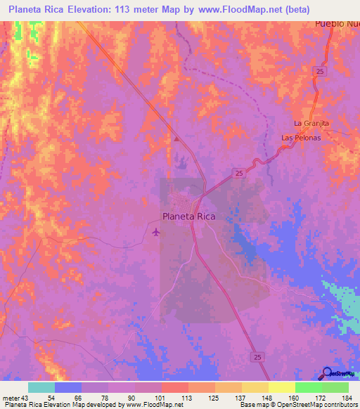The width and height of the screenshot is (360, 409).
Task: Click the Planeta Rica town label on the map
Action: point(188,216)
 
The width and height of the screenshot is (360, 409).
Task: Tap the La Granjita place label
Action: point(311,124)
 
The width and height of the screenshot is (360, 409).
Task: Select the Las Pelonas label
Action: point(301,137)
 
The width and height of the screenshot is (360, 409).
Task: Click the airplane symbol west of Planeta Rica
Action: point(155,231)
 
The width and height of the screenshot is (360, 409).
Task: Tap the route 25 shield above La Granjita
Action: point(320,72)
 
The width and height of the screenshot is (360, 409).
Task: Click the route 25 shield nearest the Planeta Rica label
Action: point(239,173)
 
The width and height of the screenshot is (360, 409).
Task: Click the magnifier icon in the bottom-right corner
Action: point(328,373)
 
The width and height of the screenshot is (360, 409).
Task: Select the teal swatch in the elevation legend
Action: point(41,387)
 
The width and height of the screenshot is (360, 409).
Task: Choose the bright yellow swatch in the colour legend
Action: point(281,387)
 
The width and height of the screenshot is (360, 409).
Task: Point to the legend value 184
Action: point(347,397)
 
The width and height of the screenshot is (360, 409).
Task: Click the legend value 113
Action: point(188,397)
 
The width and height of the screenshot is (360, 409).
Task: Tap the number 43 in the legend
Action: point(27,397)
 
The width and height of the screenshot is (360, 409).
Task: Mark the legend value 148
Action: point(268,397)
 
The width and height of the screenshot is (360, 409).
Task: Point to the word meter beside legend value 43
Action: point(11,397)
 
